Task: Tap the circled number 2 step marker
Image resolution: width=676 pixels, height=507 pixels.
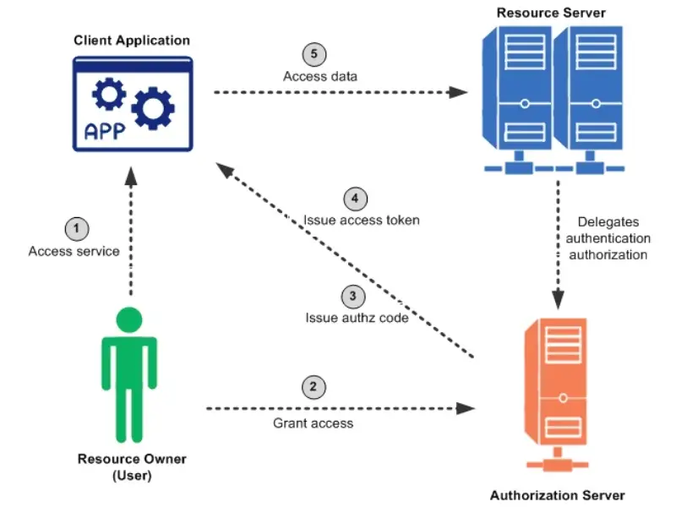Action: pos(313,387)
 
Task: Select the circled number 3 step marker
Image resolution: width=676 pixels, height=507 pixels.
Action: pos(352,297)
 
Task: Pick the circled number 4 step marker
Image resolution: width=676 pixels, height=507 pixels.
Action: pos(356,199)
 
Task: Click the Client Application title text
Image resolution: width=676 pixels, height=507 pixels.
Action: pos(132,40)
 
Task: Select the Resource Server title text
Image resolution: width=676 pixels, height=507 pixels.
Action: pos(551,13)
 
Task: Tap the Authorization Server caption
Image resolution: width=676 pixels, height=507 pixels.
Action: pos(558,494)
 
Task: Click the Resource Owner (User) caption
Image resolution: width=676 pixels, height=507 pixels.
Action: pos(132,466)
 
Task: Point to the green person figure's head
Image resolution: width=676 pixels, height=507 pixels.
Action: pos(129,320)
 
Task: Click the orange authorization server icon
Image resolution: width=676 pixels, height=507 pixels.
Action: pos(558,388)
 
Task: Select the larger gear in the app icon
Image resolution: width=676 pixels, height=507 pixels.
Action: pos(153,107)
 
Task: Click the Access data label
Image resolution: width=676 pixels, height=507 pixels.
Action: pos(319,76)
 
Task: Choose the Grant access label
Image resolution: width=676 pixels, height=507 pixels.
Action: pos(313,422)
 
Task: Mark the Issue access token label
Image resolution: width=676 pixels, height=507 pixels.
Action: pos(362,221)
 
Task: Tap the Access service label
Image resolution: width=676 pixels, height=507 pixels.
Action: pos(74,251)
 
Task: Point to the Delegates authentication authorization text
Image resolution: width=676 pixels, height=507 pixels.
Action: pos(607,238)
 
